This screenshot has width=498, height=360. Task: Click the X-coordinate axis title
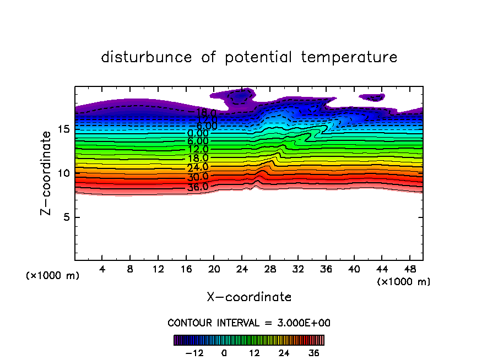pos(249,297)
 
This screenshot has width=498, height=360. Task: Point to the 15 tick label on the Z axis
pos(63,129)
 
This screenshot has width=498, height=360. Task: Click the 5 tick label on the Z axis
pos(66,217)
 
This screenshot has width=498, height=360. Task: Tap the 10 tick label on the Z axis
pos(63,173)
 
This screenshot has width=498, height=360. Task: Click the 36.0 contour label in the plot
pos(198,187)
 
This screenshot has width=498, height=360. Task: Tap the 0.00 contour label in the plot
pos(198,133)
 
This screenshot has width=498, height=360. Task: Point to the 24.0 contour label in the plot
pos(198,167)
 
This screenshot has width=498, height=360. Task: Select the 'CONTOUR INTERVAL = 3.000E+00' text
pos(249,323)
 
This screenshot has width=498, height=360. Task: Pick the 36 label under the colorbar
pos(314,353)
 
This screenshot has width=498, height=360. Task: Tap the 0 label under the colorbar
pos(224,353)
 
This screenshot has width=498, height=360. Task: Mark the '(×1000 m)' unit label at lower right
pos(404,282)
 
